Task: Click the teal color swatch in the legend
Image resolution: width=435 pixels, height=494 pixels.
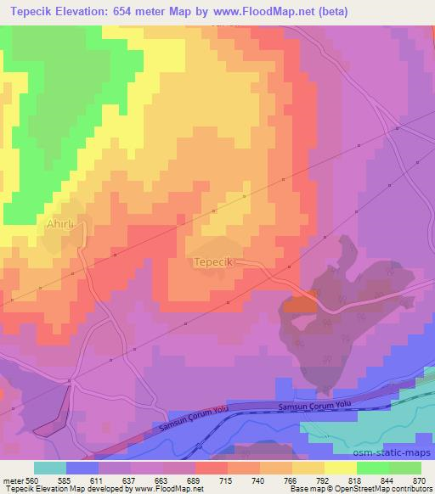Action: tap(50, 468)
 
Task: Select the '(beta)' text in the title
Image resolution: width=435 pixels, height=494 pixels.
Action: tap(328, 13)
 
